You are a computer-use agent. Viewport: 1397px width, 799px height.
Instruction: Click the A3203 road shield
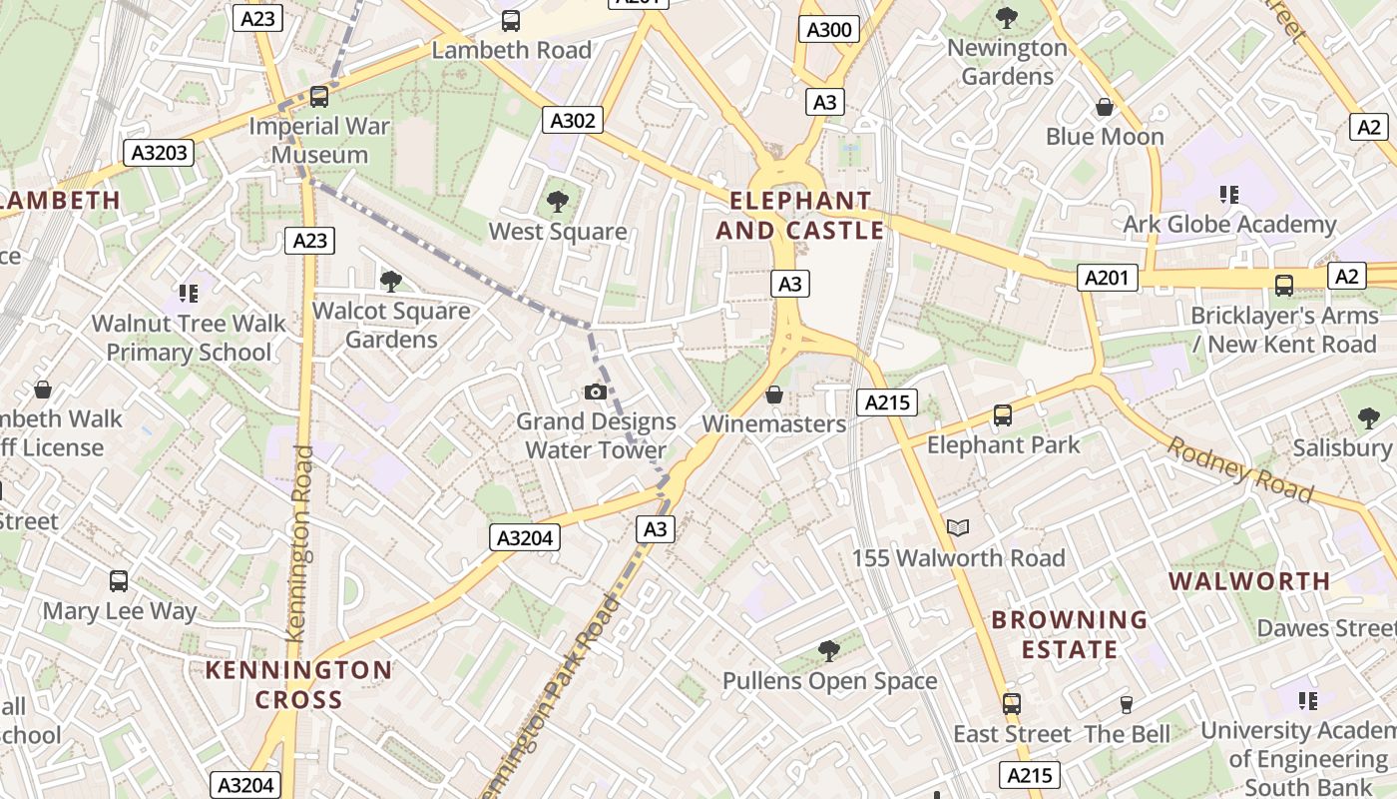[159, 153]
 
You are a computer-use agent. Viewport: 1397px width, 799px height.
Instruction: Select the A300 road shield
[829, 30]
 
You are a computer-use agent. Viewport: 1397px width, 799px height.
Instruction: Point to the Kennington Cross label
[298, 684]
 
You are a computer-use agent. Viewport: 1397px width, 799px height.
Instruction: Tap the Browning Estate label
[1069, 634]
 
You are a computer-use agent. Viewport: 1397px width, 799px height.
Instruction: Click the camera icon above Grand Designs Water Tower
[596, 392]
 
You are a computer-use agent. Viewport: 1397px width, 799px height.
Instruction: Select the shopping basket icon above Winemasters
[773, 396]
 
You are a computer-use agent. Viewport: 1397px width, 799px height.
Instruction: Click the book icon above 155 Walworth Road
[958, 527]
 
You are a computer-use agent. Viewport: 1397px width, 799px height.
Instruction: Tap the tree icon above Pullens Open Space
[828, 651]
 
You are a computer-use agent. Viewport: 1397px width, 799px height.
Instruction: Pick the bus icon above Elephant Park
[1003, 415]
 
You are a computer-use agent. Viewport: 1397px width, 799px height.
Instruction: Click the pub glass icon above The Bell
[1127, 705]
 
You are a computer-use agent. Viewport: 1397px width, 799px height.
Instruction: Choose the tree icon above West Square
[557, 202]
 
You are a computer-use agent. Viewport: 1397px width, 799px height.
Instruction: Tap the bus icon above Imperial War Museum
[319, 97]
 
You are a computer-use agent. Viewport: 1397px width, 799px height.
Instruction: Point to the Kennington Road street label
[299, 544]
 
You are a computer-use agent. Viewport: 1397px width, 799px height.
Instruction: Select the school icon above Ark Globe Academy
[1229, 195]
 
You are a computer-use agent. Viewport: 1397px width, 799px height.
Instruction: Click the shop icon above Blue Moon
[1105, 107]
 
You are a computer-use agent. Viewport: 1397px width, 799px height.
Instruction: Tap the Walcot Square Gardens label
[391, 326]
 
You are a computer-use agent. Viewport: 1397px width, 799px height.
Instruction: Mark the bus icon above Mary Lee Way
[119, 581]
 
